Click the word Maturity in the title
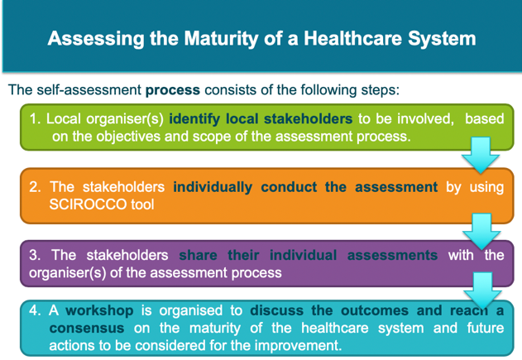tap(221, 39)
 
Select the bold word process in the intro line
tap(173, 90)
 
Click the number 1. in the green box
tap(35, 119)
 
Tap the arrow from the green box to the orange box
tap(481, 156)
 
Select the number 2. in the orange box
tap(35, 187)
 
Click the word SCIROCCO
tap(88, 204)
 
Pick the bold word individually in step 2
tap(213, 187)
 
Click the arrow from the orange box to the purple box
tap(481, 232)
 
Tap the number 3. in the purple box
tap(35, 255)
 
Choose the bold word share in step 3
tap(198, 255)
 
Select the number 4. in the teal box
tap(35, 310)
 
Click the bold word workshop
tap(99, 311)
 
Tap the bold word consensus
tap(87, 329)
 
